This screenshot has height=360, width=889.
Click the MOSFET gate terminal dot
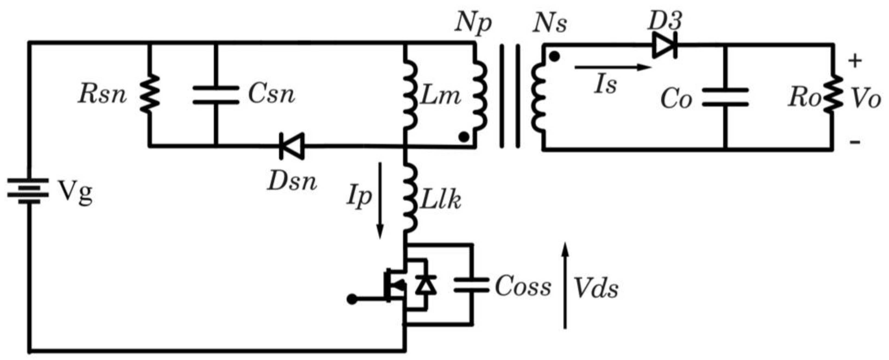(x=352, y=299)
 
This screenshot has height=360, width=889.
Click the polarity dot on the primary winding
(x=464, y=137)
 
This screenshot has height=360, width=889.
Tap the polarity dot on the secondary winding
(x=554, y=56)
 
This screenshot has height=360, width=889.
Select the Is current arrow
(x=613, y=67)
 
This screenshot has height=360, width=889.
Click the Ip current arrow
(x=380, y=200)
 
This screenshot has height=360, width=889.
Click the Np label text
(x=473, y=23)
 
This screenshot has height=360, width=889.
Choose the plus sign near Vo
(x=855, y=61)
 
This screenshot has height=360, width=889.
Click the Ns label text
(x=550, y=23)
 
